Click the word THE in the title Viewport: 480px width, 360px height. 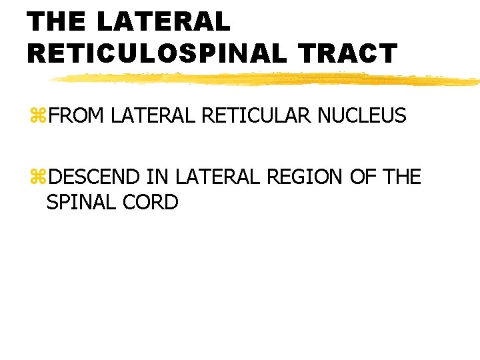(x=57, y=21)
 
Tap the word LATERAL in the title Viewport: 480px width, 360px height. (x=163, y=21)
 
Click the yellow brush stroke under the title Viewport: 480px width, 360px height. (x=267, y=79)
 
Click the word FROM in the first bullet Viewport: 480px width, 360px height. (x=76, y=116)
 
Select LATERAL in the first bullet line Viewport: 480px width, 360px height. (x=153, y=116)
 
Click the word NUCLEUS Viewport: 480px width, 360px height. (x=361, y=116)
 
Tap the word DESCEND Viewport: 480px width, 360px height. (x=93, y=177)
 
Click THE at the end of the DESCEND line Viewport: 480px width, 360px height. (x=402, y=177)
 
